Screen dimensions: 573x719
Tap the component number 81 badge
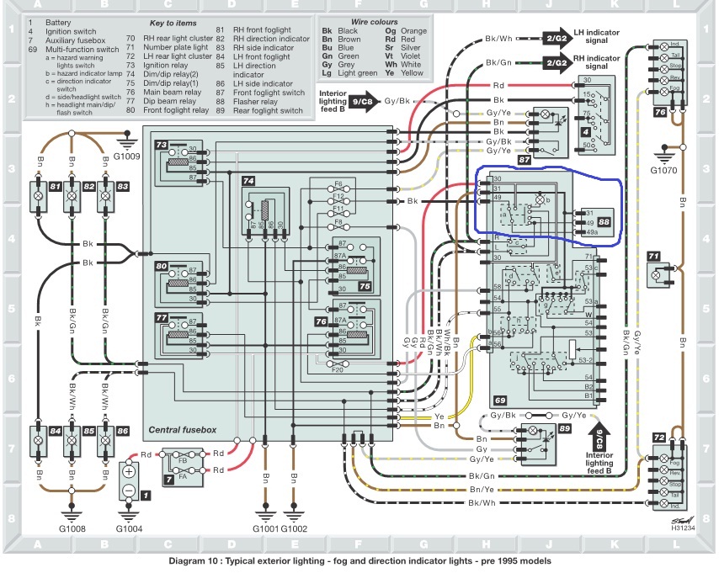click(55, 184)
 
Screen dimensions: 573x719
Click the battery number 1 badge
click(146, 496)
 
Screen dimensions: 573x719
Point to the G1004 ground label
click(130, 529)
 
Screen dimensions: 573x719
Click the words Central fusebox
click(182, 429)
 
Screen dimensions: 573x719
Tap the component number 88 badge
click(604, 222)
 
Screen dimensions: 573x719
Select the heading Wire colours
click(368, 18)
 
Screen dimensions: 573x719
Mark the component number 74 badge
click(248, 181)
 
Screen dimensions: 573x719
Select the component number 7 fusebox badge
click(168, 479)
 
